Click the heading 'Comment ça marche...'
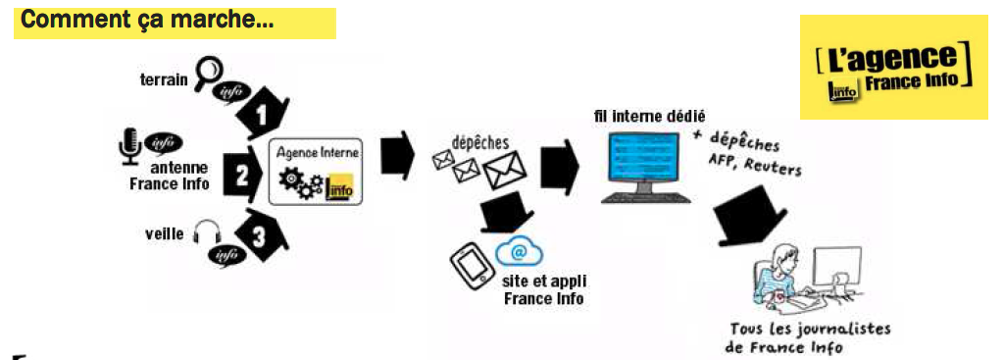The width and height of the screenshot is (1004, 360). [x=147, y=21]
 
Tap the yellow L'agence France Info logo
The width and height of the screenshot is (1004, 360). [x=892, y=67]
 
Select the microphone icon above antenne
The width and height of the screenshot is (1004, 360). [x=129, y=145]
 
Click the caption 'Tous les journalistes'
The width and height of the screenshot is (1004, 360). [x=810, y=330]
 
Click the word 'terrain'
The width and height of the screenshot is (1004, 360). [x=164, y=79]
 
